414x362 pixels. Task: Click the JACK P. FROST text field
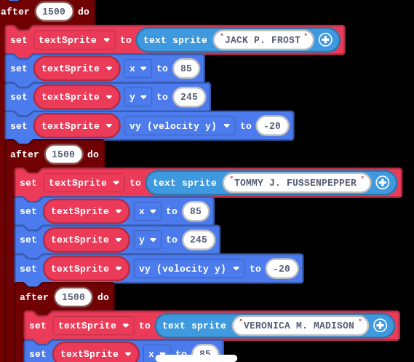(263, 40)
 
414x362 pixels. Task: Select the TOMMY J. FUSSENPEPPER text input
(297, 183)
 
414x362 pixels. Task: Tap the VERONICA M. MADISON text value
(300, 326)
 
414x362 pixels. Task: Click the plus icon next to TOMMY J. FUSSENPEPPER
(383, 183)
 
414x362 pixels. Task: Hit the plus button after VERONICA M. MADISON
(381, 326)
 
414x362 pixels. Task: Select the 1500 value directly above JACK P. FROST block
(54, 12)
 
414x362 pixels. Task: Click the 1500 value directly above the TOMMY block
(63, 154)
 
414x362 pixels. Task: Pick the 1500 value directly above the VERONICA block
(73, 296)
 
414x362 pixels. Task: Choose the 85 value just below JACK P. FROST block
(186, 68)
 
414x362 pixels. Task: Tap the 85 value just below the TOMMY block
(196, 211)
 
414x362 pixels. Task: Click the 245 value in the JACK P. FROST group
(189, 97)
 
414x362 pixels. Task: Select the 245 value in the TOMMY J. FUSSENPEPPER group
(199, 240)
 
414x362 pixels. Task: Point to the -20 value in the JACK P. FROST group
(272, 126)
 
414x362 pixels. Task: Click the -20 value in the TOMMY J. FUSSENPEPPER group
(282, 269)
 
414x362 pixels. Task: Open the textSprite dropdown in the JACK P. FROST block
(74, 40)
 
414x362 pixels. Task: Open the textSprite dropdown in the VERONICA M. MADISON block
(93, 326)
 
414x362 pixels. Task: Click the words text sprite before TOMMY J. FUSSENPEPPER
(185, 183)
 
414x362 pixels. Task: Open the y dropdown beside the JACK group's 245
(138, 97)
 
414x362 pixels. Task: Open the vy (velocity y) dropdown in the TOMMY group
(189, 269)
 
